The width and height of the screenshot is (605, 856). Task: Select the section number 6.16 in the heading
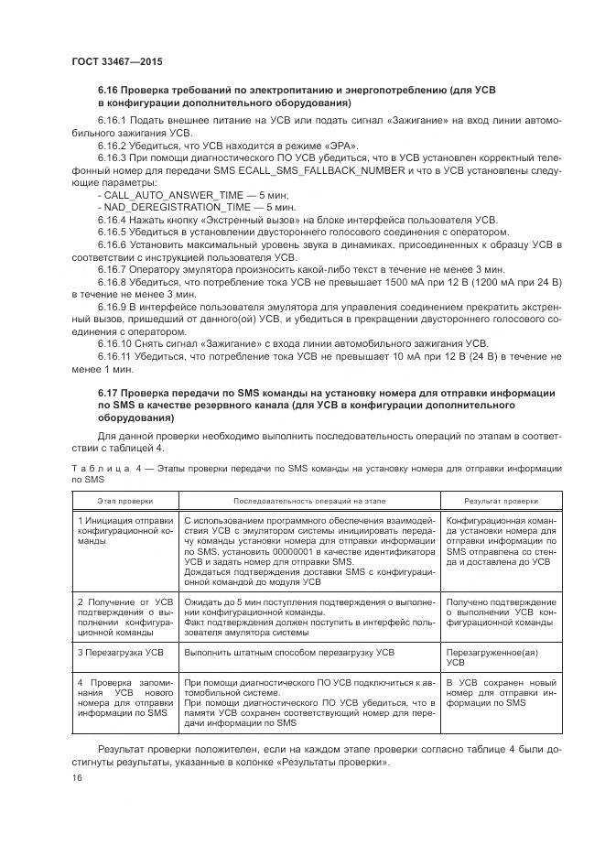coord(110,91)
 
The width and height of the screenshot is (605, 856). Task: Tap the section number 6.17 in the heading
coord(110,392)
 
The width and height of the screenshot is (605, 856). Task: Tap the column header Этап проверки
coord(125,502)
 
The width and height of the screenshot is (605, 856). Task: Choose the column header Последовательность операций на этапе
coord(310,502)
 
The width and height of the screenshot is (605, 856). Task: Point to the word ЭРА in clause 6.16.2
coord(340,146)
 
